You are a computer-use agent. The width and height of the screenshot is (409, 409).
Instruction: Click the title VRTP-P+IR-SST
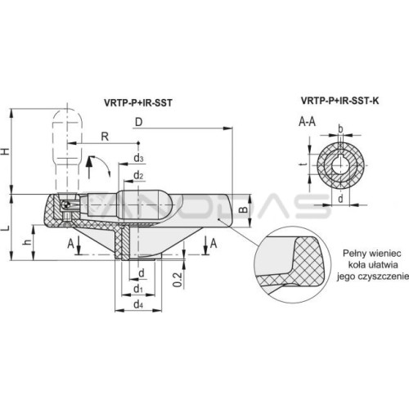point(138,102)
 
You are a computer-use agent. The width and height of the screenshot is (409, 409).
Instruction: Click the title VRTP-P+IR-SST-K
point(339,101)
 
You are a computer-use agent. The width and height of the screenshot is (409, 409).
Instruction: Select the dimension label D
point(139,122)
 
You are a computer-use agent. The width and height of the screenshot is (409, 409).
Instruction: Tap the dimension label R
point(105,137)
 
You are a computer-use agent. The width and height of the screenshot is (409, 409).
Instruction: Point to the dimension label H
point(6,151)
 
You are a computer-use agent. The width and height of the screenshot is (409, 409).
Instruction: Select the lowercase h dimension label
point(27,241)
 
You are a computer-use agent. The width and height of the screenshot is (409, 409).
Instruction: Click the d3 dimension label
point(138,158)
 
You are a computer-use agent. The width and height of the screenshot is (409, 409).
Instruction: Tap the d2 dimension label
point(138,175)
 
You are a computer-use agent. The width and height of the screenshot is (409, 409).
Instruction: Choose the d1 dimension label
point(138,289)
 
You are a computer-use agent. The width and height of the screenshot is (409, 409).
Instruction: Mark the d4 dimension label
point(138,304)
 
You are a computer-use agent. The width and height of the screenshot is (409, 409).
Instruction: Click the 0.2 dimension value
point(178,280)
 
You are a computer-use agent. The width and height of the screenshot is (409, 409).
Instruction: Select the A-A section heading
point(307,122)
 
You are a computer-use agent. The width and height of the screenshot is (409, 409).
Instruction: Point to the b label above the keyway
point(340,128)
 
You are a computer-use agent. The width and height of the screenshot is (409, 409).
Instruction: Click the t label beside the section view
point(305,164)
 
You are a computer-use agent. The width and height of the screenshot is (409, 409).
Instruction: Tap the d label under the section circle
point(340,199)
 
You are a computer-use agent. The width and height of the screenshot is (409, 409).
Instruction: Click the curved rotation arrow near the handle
point(105,161)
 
